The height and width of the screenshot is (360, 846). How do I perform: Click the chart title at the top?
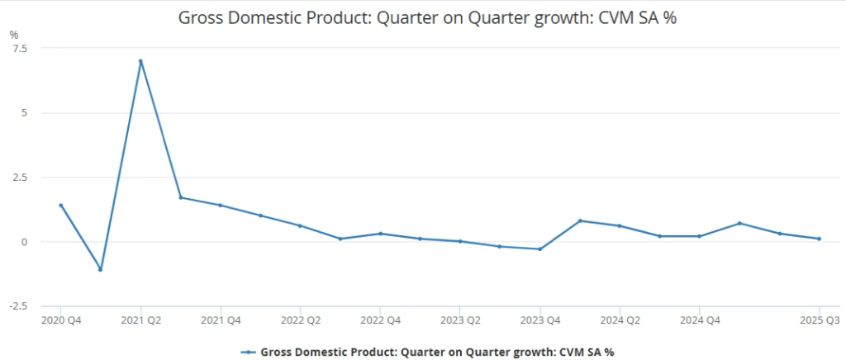pos(427,17)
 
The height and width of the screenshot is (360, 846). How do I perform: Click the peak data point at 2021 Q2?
pos(140,61)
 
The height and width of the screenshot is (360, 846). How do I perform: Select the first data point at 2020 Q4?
pos(60,205)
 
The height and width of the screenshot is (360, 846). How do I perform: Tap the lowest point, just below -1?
pos(100,269)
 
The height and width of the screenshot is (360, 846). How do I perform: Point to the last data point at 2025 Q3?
pos(819,239)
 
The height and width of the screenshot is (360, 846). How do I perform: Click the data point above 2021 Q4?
pos(220,205)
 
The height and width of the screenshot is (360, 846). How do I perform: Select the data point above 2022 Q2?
pos(300,225)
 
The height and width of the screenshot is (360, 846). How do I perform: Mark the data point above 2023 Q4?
pos(539,249)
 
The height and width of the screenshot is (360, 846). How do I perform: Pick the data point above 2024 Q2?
pos(620,225)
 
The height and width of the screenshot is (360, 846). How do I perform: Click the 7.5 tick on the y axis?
pos(19,48)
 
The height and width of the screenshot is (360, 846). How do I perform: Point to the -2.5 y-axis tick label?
pos(17,306)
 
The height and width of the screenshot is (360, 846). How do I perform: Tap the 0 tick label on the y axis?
pos(25,242)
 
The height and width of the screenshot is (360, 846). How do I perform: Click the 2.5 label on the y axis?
pos(19,178)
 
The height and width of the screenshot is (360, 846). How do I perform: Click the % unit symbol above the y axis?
pos(13,34)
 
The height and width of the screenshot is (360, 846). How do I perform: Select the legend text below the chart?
pos(437,351)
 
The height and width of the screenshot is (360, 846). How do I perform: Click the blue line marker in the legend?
pos(248,351)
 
